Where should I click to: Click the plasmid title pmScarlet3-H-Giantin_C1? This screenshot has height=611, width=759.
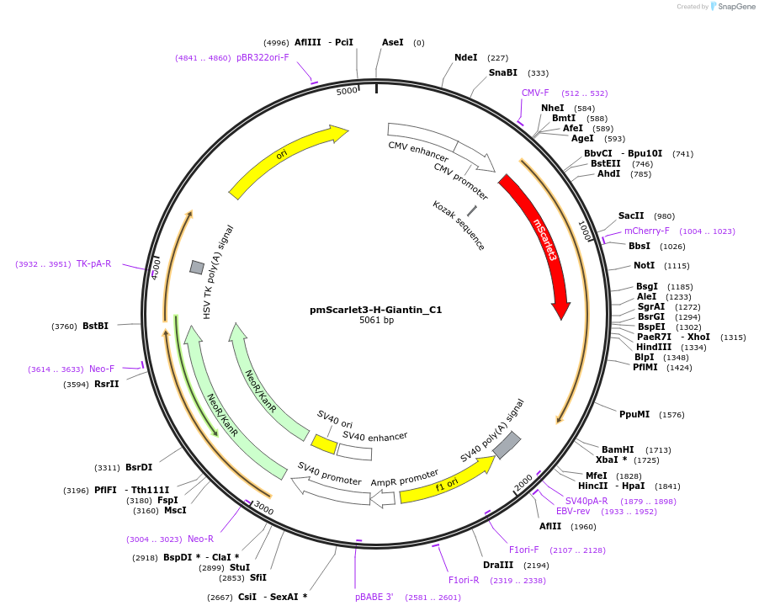click(x=376, y=310)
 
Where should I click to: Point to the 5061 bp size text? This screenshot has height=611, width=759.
click(x=376, y=321)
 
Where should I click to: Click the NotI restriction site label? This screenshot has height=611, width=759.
click(x=645, y=265)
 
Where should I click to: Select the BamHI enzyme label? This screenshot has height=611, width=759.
click(x=618, y=449)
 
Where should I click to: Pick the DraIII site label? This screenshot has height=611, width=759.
click(x=497, y=565)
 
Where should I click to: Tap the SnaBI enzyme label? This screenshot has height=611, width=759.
click(x=503, y=73)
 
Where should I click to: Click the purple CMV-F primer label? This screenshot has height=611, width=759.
click(x=535, y=93)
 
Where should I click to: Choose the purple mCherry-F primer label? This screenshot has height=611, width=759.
click(x=647, y=231)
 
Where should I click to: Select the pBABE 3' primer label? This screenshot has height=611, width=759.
click(x=374, y=598)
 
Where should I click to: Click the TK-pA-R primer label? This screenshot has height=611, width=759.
click(x=94, y=264)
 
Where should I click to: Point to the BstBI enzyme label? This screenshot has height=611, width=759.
click(x=95, y=327)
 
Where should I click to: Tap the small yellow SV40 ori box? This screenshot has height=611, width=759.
click(x=324, y=442)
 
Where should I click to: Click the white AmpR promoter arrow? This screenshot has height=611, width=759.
click(x=383, y=498)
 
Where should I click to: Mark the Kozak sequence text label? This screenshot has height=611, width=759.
click(x=459, y=226)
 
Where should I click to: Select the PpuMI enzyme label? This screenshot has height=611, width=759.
click(x=634, y=414)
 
